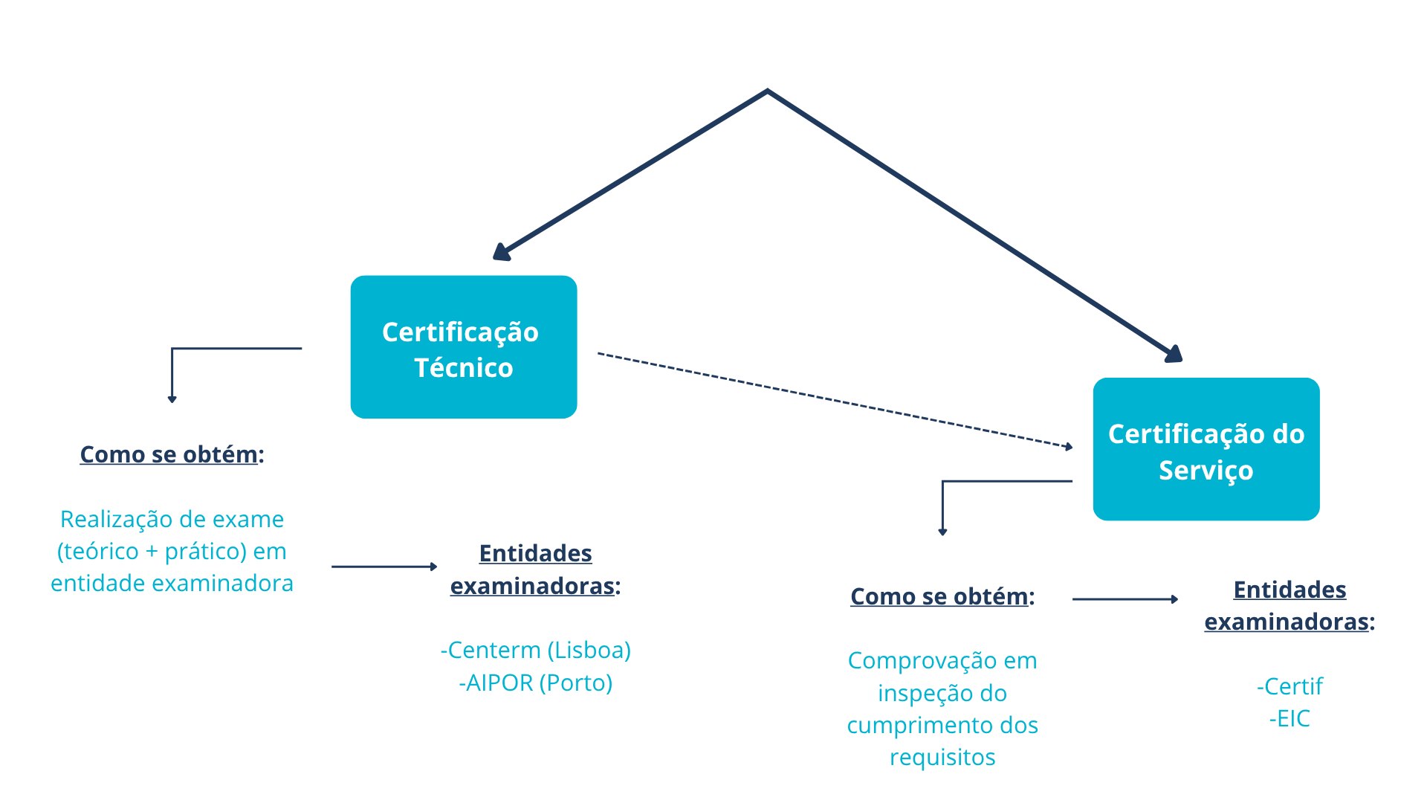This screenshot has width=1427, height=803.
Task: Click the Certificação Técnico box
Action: click(x=463, y=347)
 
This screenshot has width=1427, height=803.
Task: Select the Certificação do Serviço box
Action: click(x=1206, y=449)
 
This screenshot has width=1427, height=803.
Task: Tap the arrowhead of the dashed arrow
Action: click(x=1069, y=446)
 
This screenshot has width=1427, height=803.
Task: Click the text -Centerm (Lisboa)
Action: click(x=535, y=650)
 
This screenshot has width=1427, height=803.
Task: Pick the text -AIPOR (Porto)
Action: click(x=535, y=683)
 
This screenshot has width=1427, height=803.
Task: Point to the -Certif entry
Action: click(x=1290, y=686)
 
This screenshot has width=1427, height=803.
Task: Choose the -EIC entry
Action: click(x=1290, y=719)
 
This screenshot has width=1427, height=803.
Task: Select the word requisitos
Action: click(x=942, y=757)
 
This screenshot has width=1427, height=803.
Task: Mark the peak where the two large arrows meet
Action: click(x=767, y=91)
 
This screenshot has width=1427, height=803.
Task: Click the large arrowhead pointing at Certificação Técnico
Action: click(x=502, y=252)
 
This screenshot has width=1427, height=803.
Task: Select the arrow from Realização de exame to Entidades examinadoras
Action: click(x=384, y=567)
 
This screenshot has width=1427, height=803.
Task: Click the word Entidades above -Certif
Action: click(x=1290, y=590)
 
